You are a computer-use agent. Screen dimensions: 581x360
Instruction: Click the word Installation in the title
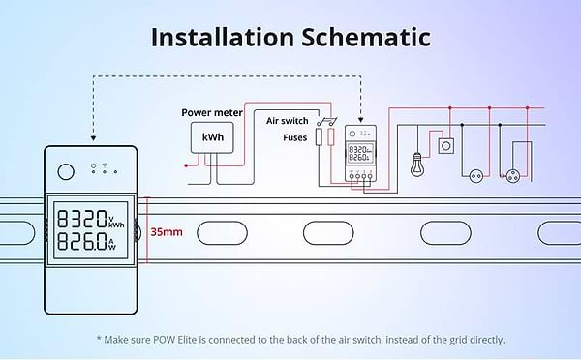[x=223, y=37]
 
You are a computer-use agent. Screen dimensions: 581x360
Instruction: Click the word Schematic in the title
[x=366, y=37]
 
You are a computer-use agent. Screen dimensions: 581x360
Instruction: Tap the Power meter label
[x=212, y=112]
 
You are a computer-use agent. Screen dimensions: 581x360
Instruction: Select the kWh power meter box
[x=212, y=137]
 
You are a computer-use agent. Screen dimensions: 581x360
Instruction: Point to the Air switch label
[x=288, y=121]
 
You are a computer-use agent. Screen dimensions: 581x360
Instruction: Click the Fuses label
[x=295, y=137]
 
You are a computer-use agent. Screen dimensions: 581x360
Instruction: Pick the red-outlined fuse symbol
[x=331, y=136]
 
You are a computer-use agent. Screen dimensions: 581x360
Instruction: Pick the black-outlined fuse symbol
[x=319, y=136]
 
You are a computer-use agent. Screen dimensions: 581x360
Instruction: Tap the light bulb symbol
[x=417, y=165]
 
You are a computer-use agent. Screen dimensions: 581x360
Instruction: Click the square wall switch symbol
[x=446, y=146]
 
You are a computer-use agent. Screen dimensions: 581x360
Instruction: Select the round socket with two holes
[x=476, y=176]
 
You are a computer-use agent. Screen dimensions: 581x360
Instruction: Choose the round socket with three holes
[x=513, y=176]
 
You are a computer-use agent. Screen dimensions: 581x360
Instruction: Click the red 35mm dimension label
[x=167, y=232]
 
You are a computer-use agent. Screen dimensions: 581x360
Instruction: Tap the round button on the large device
[x=66, y=172]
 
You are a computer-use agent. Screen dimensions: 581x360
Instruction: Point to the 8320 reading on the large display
[x=82, y=219]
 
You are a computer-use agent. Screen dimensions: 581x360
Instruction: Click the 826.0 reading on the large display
[x=82, y=241]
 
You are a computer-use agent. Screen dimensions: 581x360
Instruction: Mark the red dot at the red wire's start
[x=186, y=165]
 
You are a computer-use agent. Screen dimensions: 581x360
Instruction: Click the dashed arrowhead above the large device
[x=93, y=138]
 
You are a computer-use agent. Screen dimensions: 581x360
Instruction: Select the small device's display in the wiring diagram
[x=360, y=153]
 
